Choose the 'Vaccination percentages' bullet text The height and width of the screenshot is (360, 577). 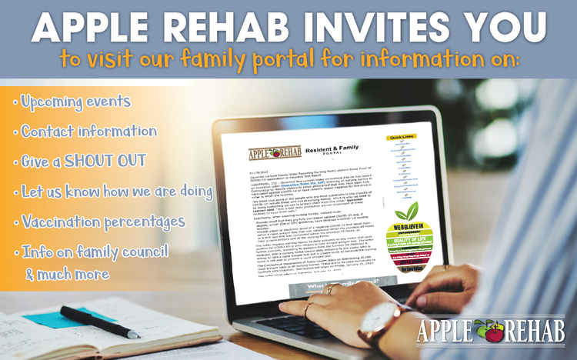pos(103,222)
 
